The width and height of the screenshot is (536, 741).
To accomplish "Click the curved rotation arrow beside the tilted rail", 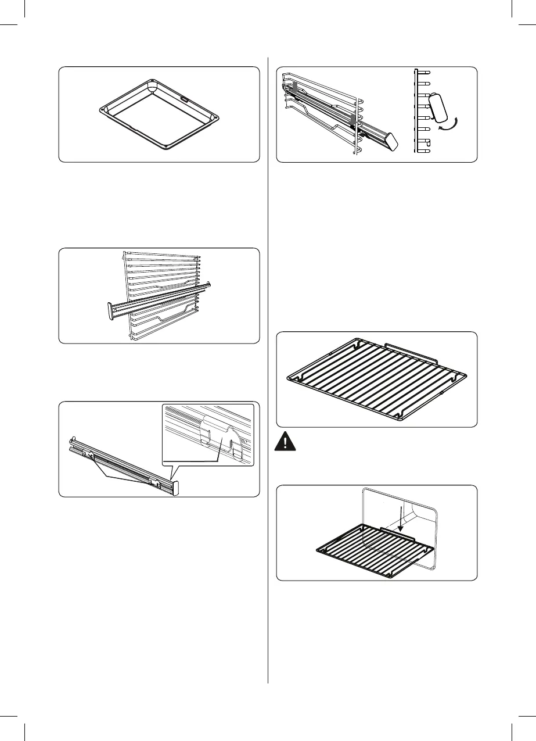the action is click(x=450, y=124).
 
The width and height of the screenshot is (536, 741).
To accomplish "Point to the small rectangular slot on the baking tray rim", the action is click(x=184, y=99).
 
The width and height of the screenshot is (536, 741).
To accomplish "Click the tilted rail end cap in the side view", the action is click(x=439, y=108).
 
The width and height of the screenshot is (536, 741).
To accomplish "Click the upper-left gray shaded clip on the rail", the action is click(x=294, y=87).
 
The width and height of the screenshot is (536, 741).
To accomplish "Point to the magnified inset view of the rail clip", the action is click(x=208, y=434).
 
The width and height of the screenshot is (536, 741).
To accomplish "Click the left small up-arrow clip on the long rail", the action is click(x=91, y=456).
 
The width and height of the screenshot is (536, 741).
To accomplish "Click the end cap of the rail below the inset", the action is click(x=175, y=487).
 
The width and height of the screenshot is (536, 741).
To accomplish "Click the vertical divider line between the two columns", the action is click(x=268, y=372).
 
